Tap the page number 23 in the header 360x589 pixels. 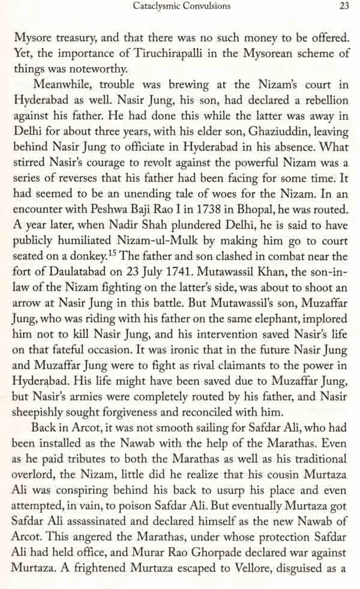pyautogui.click(x=345, y=7)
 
